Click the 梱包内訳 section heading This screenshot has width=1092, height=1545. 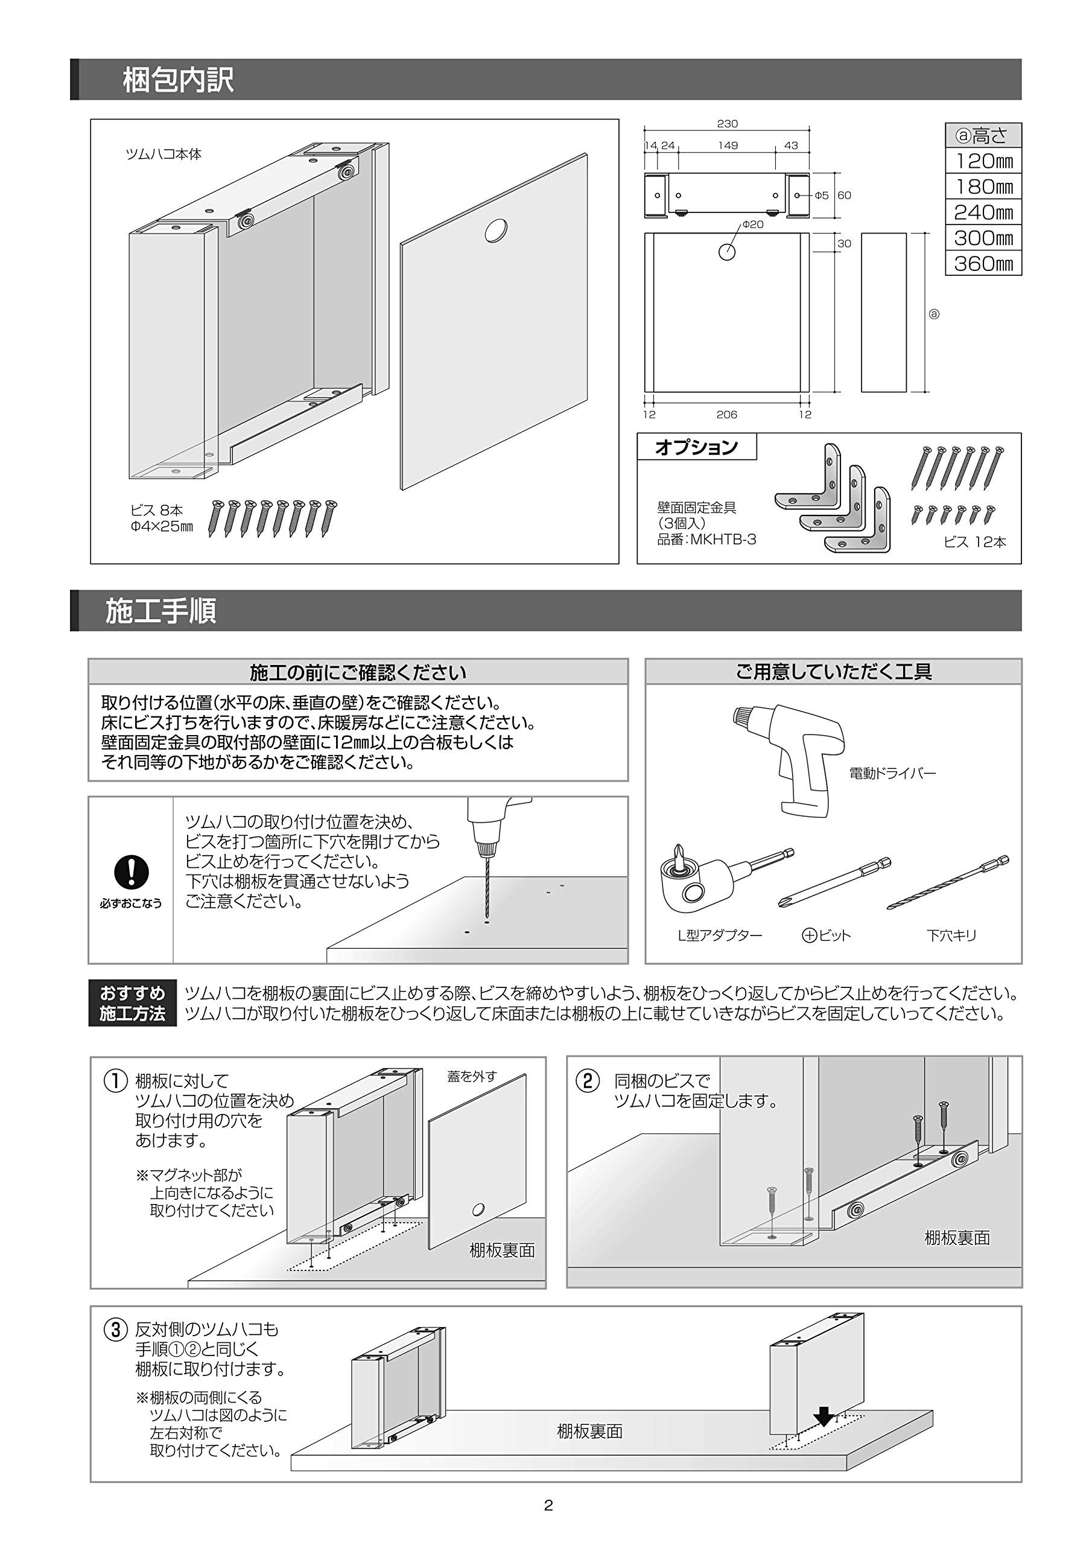click(x=177, y=80)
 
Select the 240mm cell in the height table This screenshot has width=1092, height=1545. click(x=983, y=212)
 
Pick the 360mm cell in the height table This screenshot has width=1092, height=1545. click(x=983, y=264)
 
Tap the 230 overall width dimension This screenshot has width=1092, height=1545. click(x=728, y=124)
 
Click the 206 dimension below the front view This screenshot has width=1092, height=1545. click(x=726, y=415)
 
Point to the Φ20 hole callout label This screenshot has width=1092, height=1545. click(x=753, y=225)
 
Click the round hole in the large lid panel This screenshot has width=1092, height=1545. click(x=496, y=231)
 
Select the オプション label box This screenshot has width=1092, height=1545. click(x=696, y=447)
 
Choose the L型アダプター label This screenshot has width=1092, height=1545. click(x=719, y=935)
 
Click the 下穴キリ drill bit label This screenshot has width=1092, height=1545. click(x=951, y=935)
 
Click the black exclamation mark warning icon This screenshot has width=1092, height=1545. click(x=131, y=873)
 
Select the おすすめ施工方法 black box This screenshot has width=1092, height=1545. click(x=133, y=1003)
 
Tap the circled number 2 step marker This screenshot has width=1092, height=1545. click(x=588, y=1081)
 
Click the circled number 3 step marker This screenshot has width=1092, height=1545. click(x=115, y=1330)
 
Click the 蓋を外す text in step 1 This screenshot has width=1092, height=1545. click(x=472, y=1077)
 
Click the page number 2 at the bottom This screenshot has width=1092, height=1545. click(x=548, y=1506)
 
